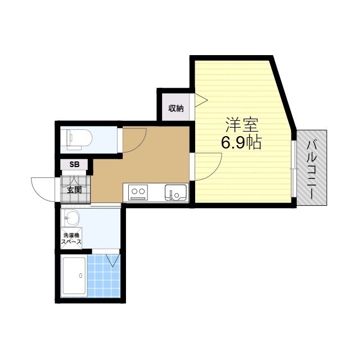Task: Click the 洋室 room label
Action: coord(242,125)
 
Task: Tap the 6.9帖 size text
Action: coord(241,142)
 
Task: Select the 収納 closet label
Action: coord(176,108)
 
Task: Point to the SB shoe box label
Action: coord(74,164)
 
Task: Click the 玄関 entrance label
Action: coord(74,190)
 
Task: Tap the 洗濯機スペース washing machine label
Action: coord(71,238)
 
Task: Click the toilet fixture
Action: coord(79,139)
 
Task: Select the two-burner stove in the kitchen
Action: coord(138,192)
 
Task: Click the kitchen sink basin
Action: coord(175,192)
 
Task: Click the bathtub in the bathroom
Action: coord(74,276)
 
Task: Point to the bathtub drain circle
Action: coord(80,276)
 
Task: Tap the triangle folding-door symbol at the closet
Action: coord(201,100)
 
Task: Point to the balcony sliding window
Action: coord(294,169)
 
